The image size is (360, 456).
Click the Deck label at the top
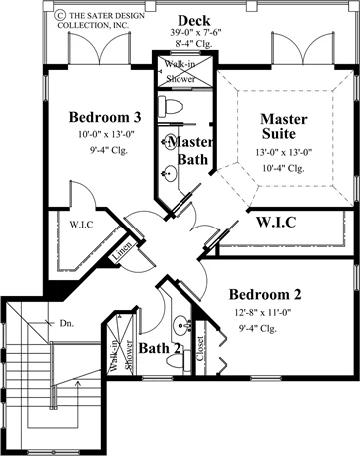pos(194,21)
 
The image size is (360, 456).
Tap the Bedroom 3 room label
pos(105,117)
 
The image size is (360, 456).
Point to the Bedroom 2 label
pos(265,294)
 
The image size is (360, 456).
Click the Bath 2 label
pos(160,348)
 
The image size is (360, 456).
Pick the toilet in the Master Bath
pos(171,106)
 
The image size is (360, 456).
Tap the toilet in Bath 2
pos(179,361)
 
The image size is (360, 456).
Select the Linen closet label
pos(122,251)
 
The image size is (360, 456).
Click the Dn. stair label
pos(67,323)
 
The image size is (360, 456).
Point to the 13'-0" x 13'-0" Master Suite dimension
pos(284,152)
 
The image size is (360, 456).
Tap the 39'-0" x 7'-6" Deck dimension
pos(195,33)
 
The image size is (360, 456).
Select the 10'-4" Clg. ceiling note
pos(283,168)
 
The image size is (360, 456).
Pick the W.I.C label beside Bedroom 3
pos(81,225)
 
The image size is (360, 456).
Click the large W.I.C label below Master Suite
pos(276,222)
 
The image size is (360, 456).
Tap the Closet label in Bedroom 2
pos(200,348)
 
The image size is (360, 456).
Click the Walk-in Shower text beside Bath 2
pos(121,355)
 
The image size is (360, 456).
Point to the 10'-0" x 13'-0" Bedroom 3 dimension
pos(106,134)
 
